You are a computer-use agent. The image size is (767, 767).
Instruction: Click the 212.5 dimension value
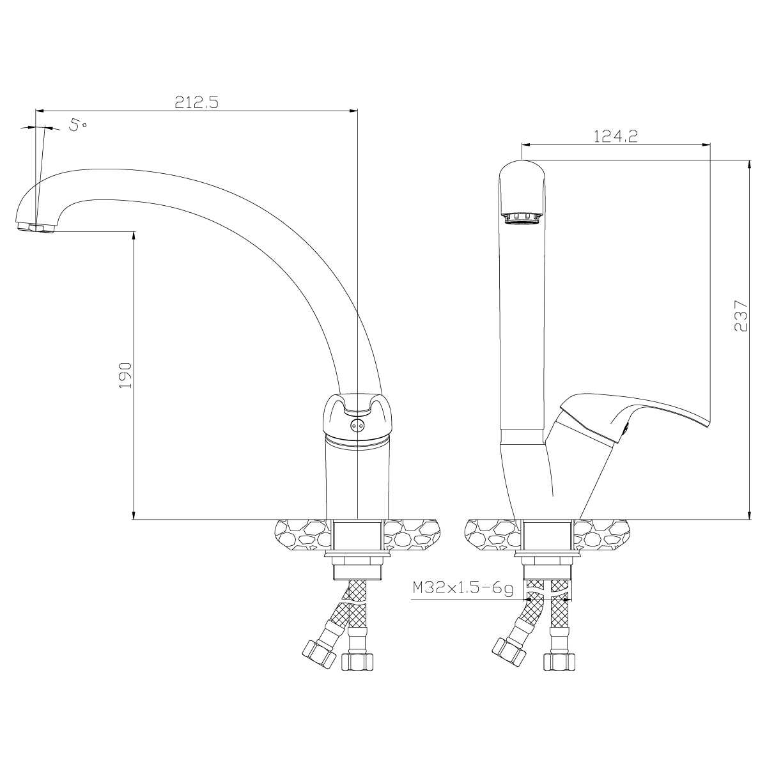[197, 103]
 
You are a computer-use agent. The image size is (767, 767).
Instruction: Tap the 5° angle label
[77, 125]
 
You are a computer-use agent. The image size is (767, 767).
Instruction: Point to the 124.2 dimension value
[616, 137]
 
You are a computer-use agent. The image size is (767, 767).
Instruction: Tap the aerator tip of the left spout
[35, 228]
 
